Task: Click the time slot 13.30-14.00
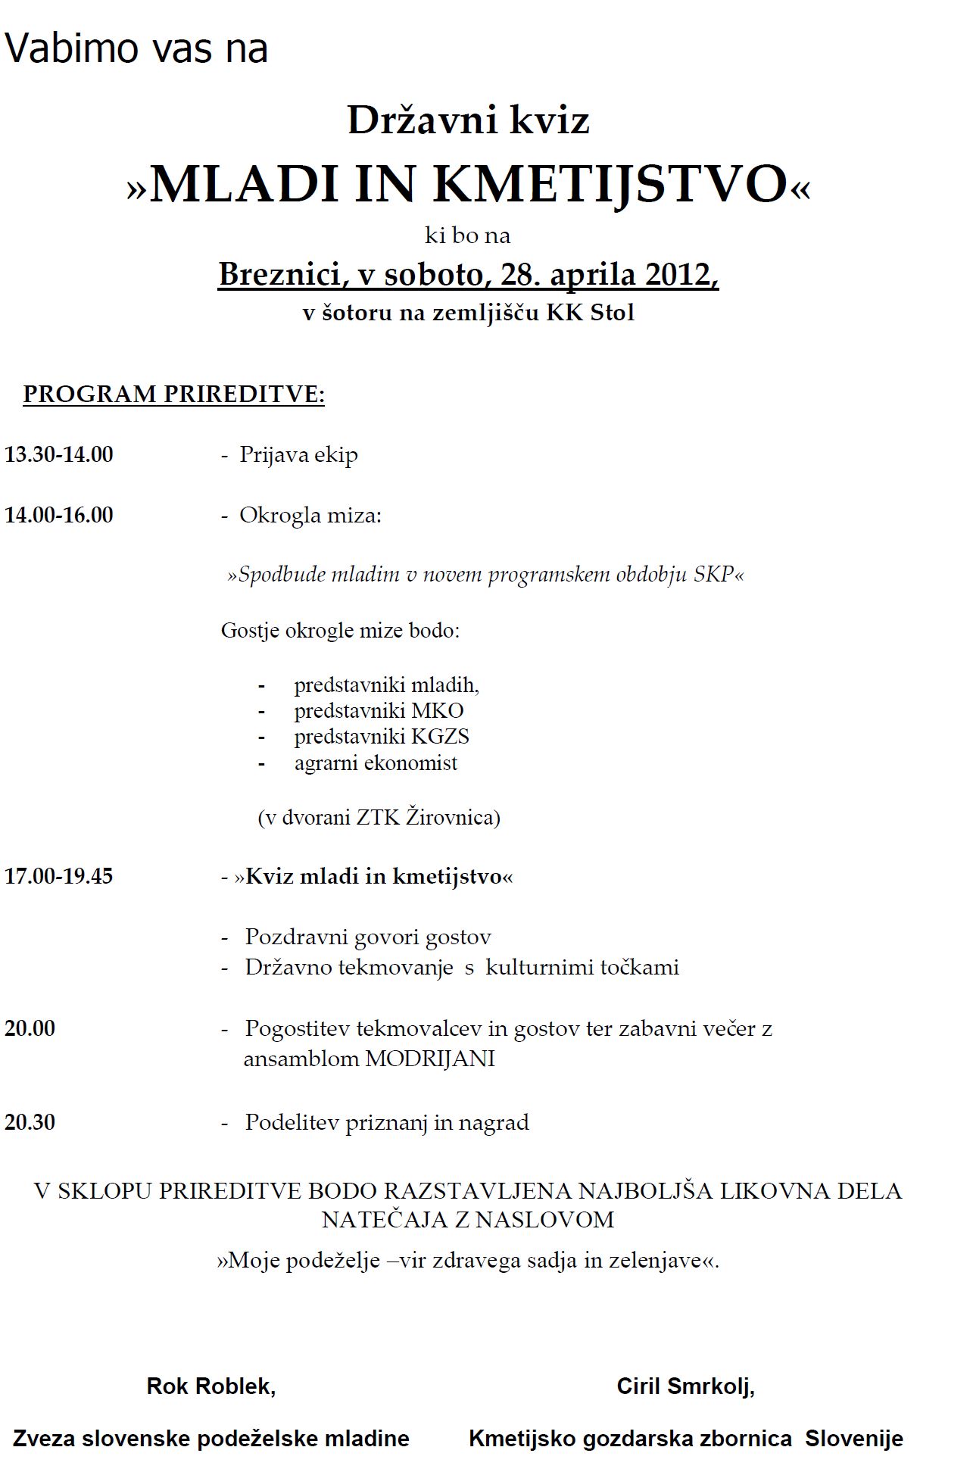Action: click(x=59, y=454)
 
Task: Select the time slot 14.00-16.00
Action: click(x=59, y=515)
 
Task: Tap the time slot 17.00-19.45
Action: click(x=59, y=876)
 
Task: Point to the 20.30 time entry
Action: click(x=30, y=1121)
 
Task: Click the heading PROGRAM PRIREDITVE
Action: click(x=174, y=395)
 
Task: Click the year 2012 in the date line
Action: click(x=678, y=274)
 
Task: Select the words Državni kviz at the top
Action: click(x=468, y=120)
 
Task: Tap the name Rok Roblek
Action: click(x=211, y=1386)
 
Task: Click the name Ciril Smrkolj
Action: click(x=685, y=1386)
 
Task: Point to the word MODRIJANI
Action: click(x=430, y=1059)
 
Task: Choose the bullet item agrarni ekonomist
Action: click(x=376, y=763)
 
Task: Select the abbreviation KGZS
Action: click(x=440, y=736)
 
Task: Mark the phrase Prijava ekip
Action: click(x=298, y=454)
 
